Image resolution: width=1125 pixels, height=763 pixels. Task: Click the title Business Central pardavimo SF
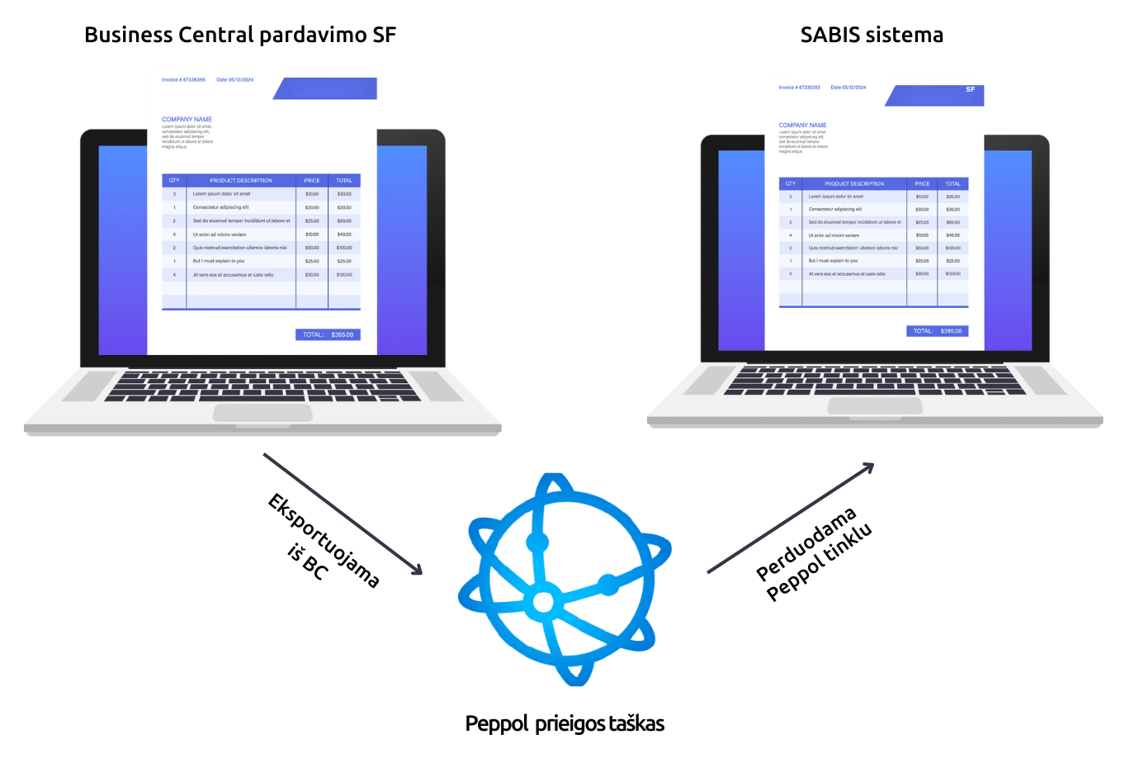tap(240, 35)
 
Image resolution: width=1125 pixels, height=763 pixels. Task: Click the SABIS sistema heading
tap(872, 35)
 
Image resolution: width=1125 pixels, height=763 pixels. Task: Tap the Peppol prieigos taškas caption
tap(565, 723)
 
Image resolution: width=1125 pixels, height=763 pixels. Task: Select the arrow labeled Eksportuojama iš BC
tap(343, 513)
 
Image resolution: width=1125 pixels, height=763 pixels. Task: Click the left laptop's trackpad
tap(262, 412)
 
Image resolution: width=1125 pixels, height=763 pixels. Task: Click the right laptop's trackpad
tap(875, 405)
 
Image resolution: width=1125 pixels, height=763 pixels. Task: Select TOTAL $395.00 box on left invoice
tap(328, 334)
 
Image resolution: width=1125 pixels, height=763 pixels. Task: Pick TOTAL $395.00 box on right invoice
tap(937, 331)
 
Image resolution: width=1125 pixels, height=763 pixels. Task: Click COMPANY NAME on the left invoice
tap(187, 120)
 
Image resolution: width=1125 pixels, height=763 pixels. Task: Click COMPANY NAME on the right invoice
tap(802, 126)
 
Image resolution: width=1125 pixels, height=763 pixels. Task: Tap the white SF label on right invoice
tap(971, 89)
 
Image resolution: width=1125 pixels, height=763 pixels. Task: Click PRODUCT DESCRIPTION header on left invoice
tap(240, 180)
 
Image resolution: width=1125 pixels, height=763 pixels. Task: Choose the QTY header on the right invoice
tap(790, 183)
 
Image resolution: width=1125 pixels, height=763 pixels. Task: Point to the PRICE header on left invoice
tap(312, 180)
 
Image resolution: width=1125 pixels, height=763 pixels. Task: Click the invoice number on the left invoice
tap(183, 80)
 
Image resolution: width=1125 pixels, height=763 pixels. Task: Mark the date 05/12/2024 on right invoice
tap(848, 87)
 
